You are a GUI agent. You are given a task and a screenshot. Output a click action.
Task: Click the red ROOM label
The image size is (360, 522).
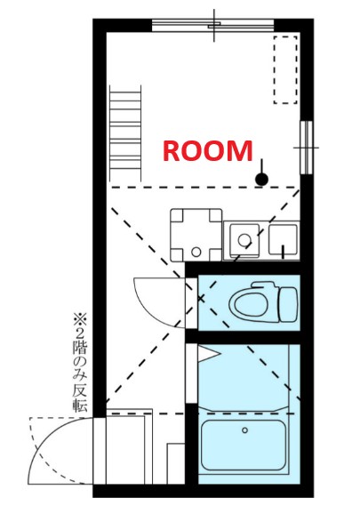206,150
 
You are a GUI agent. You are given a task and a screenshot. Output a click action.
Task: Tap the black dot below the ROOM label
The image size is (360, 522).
260,180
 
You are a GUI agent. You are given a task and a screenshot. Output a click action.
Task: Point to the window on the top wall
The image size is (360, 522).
213,25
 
